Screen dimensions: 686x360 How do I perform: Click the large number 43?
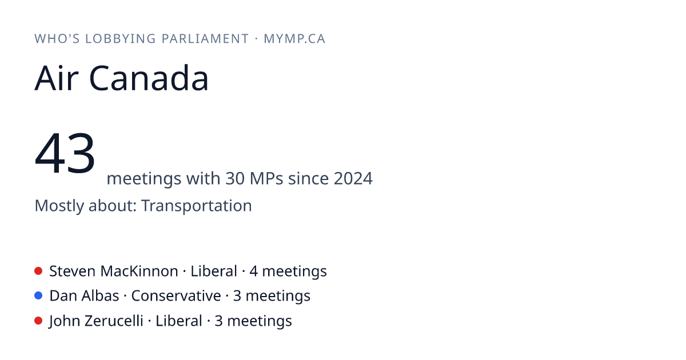(x=65, y=153)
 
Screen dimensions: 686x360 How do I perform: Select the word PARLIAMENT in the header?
(x=205, y=39)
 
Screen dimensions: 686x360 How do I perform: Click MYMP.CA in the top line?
(x=294, y=39)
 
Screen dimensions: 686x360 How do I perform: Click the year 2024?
(x=353, y=178)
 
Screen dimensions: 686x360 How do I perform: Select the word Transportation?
(x=196, y=205)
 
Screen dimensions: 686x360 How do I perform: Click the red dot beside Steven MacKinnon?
(x=38, y=271)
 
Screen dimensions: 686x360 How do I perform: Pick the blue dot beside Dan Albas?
(x=38, y=296)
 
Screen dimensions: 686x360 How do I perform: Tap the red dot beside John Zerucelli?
(x=38, y=321)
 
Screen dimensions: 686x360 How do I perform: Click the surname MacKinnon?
(x=139, y=271)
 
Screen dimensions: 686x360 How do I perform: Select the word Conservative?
(x=176, y=296)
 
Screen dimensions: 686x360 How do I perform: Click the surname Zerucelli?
(x=114, y=321)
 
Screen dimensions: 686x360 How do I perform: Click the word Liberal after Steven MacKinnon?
(x=214, y=271)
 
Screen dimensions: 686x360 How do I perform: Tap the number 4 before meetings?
(x=253, y=271)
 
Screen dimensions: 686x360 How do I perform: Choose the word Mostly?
(x=59, y=206)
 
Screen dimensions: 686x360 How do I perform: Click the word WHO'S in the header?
(x=57, y=39)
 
